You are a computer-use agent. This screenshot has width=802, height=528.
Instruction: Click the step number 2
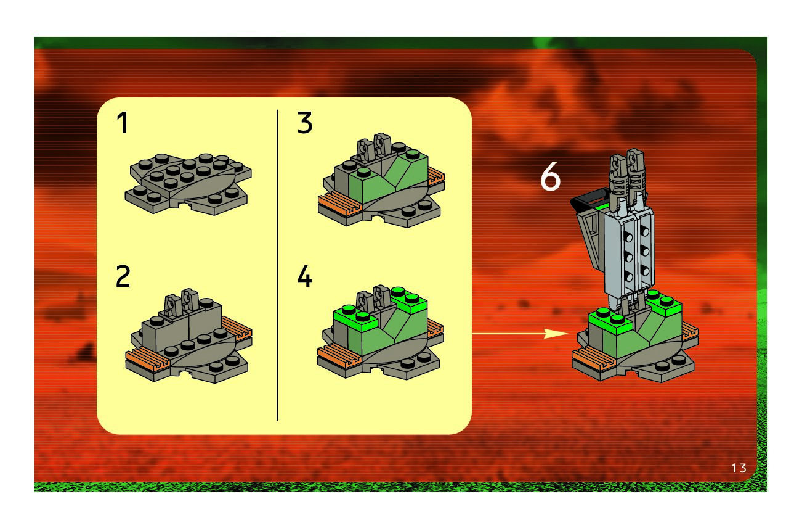pyautogui.click(x=123, y=278)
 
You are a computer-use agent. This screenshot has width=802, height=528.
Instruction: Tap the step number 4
pyautogui.click(x=305, y=278)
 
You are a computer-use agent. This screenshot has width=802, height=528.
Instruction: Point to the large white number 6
pyautogui.click(x=551, y=178)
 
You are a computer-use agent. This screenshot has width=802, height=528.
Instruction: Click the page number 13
pyautogui.click(x=739, y=468)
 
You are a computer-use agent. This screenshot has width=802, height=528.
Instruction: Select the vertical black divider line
pyautogui.click(x=277, y=265)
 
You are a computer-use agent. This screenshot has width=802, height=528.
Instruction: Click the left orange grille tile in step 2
pyautogui.click(x=144, y=358)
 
